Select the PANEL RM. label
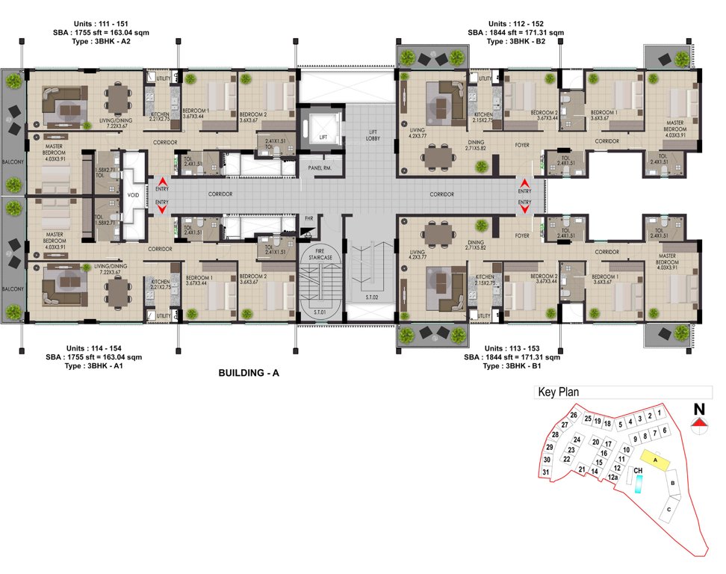[321, 169]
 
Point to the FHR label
[309, 218]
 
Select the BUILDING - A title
[249, 373]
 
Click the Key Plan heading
[559, 392]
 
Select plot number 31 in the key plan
[546, 472]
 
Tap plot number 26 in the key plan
[574, 416]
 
